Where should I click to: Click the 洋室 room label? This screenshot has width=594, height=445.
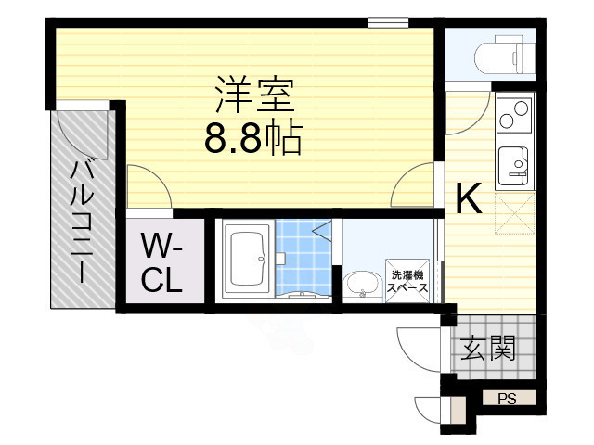(253, 95)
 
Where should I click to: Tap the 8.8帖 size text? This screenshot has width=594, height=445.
(252, 139)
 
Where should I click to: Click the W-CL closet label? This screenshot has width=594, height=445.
(161, 263)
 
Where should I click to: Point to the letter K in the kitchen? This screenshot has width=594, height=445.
(469, 199)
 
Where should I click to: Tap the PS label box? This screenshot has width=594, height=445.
(507, 399)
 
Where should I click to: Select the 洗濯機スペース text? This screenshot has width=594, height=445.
(408, 281)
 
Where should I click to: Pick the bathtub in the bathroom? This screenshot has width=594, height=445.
(248, 261)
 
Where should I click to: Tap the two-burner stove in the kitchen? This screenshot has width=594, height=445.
(513, 118)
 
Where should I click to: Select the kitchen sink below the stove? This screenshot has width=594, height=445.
(513, 165)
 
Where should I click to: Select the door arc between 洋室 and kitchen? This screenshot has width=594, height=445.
(414, 185)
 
